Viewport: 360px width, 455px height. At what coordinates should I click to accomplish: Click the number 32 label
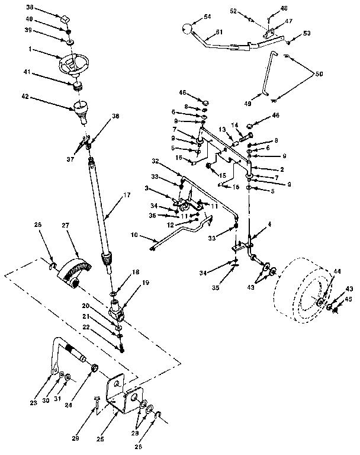[155, 160]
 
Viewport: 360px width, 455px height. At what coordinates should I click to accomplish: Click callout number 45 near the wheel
[348, 299]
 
